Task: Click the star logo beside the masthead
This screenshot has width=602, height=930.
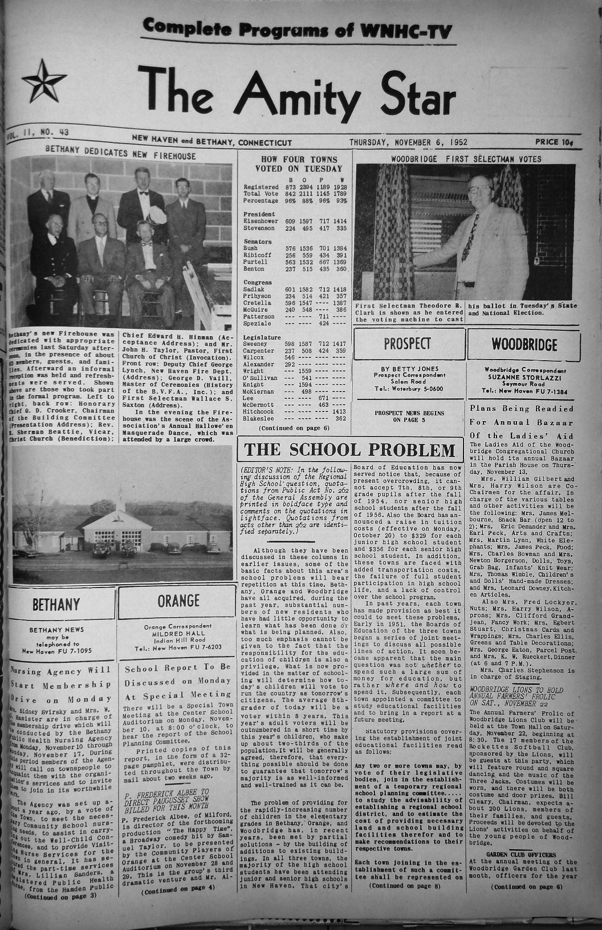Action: [x=40, y=81]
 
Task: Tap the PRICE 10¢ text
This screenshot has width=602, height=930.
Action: [x=554, y=141]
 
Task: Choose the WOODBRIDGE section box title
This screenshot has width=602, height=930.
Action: [x=524, y=345]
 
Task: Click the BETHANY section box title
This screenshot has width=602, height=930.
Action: [x=56, y=604]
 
